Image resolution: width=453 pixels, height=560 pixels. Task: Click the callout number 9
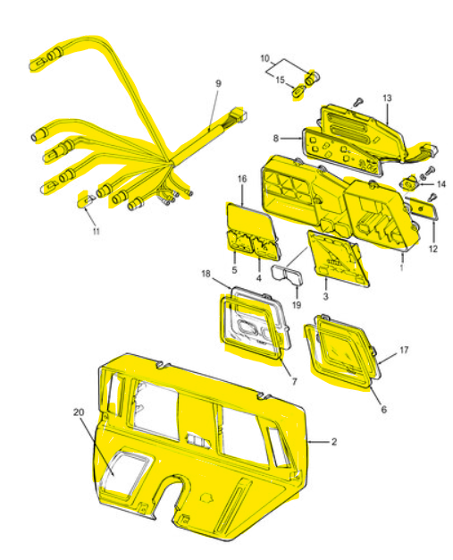pyautogui.click(x=218, y=83)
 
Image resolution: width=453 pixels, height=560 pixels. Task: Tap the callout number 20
pyautogui.click(x=79, y=412)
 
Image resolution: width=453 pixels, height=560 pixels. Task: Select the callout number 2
pyautogui.click(x=334, y=442)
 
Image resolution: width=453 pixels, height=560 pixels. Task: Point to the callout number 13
pyautogui.click(x=387, y=98)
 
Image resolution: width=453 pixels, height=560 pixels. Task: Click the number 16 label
pyautogui.click(x=242, y=179)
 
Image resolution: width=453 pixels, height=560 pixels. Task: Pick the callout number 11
pyautogui.click(x=96, y=232)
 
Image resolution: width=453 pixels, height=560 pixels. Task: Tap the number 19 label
pyautogui.click(x=297, y=305)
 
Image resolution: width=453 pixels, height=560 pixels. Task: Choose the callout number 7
pyautogui.click(x=294, y=382)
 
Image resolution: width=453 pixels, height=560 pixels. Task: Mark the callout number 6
pyautogui.click(x=384, y=410)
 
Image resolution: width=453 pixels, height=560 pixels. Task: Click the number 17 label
pyautogui.click(x=404, y=350)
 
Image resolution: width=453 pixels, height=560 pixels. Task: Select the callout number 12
pyautogui.click(x=433, y=249)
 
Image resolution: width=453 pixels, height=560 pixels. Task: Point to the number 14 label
pyautogui.click(x=441, y=184)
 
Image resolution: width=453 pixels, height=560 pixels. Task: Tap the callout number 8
pyautogui.click(x=276, y=138)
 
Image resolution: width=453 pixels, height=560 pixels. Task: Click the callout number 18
pyautogui.click(x=206, y=274)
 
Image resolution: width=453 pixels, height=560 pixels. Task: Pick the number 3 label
pyautogui.click(x=325, y=296)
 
